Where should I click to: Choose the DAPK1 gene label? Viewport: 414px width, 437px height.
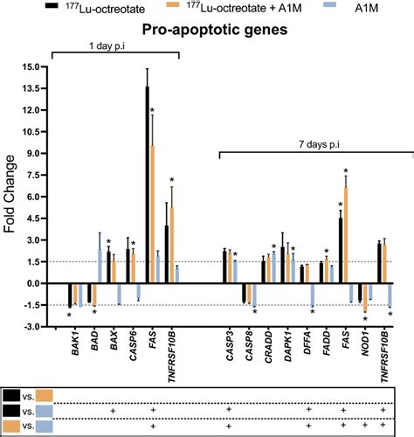tap(288, 347)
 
